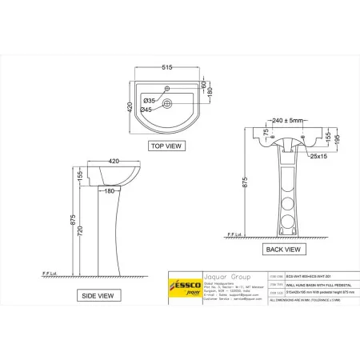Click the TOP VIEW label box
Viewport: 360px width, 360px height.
pyautogui.click(x=166, y=146)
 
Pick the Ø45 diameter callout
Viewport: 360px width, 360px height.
pyautogui.click(x=147, y=109)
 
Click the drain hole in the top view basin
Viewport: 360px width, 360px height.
pyautogui.click(x=166, y=104)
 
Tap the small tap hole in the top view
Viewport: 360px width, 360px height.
pyautogui.click(x=166, y=87)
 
